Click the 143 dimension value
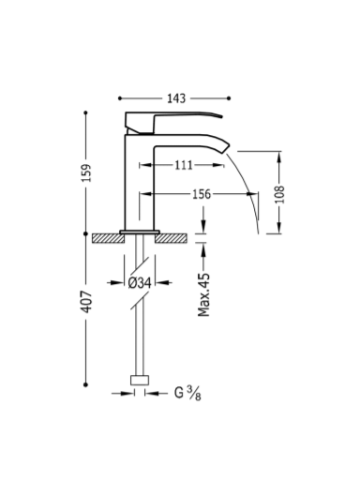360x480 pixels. coord(176,98)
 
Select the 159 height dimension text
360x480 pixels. coord(86,172)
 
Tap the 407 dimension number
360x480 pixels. coord(86,302)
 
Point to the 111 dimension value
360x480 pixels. coord(184,165)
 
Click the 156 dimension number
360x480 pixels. coord(202,194)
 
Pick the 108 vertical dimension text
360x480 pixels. coord(279,194)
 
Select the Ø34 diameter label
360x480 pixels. coord(140,283)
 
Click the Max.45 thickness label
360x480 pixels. coord(203,294)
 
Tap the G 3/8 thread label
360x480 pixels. coord(187,393)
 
